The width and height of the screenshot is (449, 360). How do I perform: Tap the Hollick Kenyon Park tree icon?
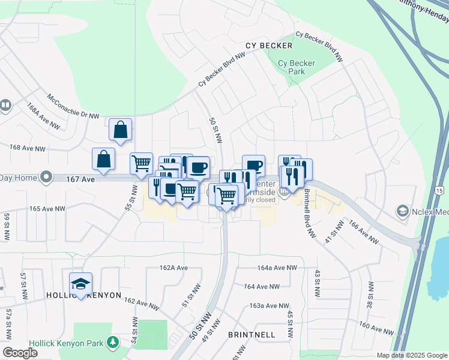(x=112, y=342)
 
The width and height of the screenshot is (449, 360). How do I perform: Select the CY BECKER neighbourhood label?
(x=269, y=46)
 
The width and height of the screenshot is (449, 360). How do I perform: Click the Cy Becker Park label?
(x=291, y=67)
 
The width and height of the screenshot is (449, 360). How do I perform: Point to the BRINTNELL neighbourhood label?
(x=252, y=334)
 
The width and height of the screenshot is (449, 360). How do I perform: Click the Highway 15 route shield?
(x=440, y=191)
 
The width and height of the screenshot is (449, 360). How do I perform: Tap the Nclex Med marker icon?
(x=402, y=211)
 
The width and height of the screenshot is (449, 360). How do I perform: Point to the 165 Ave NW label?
(x=47, y=209)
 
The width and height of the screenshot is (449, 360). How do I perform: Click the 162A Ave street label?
(x=173, y=268)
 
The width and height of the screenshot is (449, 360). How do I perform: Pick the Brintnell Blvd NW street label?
(x=309, y=213)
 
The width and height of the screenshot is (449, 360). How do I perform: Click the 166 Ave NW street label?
(x=363, y=233)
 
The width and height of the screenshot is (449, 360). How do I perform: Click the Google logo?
(x=20, y=353)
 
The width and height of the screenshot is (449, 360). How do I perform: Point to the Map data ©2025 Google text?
(x=412, y=355)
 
